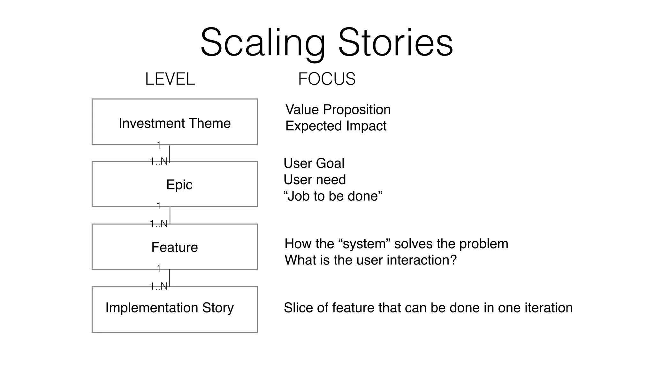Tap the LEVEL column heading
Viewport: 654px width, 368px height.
(170, 79)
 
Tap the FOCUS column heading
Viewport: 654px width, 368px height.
(327, 79)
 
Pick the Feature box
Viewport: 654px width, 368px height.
(175, 247)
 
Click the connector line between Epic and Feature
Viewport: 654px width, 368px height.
(170, 215)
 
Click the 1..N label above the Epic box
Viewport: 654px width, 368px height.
(159, 161)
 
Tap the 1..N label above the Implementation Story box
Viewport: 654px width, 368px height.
(159, 286)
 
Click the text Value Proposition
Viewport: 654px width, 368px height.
(338, 110)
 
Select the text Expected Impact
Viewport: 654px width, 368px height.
(336, 126)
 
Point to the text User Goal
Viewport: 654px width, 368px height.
(314, 164)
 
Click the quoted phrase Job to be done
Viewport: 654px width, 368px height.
(333, 196)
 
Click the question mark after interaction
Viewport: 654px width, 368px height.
(453, 260)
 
